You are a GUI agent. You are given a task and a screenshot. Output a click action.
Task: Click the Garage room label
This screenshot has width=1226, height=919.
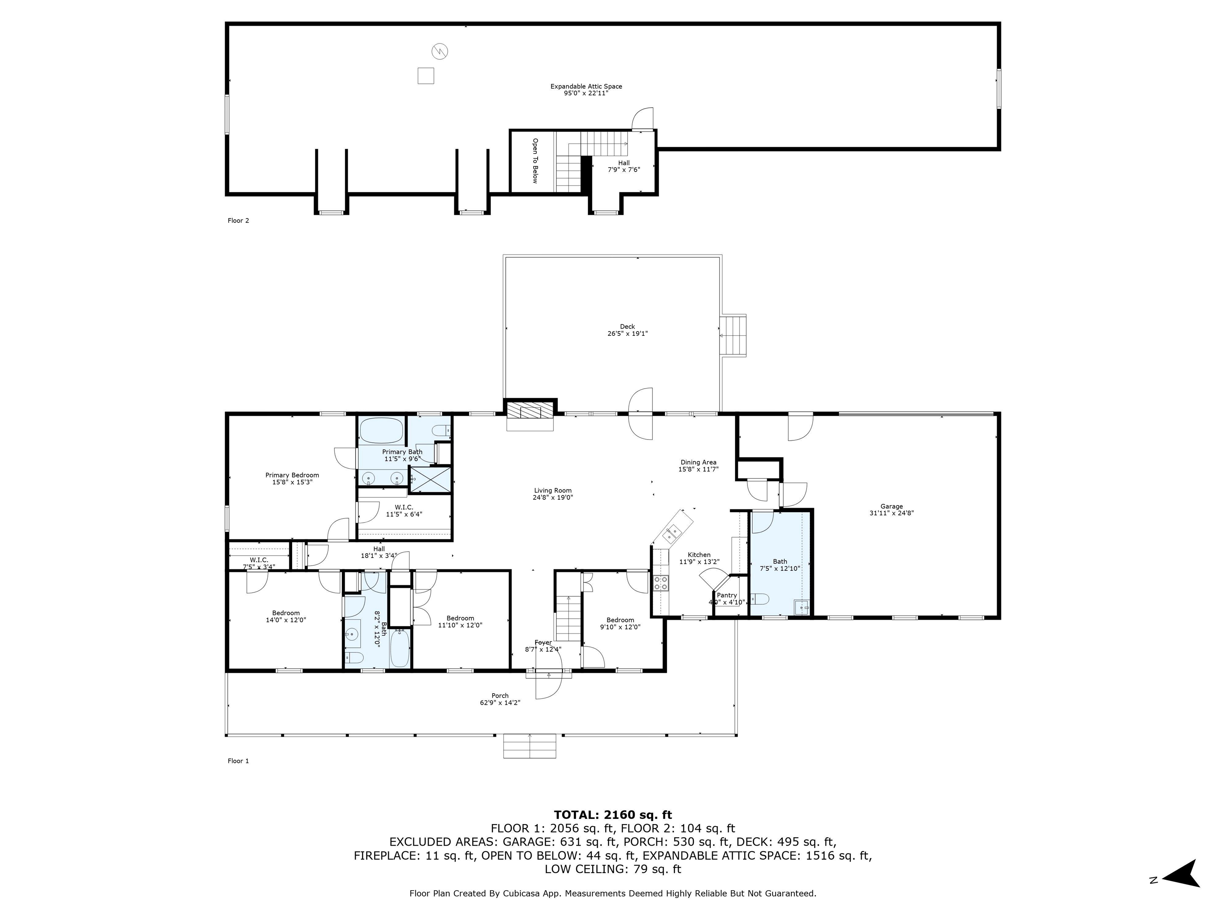tap(891, 510)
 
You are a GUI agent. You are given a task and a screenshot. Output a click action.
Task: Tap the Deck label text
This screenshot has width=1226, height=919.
tap(627, 330)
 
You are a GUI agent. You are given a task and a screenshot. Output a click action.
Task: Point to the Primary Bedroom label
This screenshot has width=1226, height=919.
tap(292, 479)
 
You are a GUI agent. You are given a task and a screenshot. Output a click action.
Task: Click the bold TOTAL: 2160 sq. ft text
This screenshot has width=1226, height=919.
tap(613, 815)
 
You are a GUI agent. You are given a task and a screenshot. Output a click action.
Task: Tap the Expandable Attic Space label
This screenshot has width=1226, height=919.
tap(586, 90)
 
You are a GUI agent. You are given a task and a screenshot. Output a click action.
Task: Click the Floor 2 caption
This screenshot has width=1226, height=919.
tap(238, 221)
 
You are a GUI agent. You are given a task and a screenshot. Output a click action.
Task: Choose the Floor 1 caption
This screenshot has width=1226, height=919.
tap(238, 761)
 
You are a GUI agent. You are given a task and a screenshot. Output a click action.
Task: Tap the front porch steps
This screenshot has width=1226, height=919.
tap(529, 745)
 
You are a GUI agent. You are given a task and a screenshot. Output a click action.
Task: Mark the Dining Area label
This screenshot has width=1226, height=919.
tap(698, 466)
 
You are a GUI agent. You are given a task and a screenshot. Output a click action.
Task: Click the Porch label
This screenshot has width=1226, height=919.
tap(500, 699)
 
